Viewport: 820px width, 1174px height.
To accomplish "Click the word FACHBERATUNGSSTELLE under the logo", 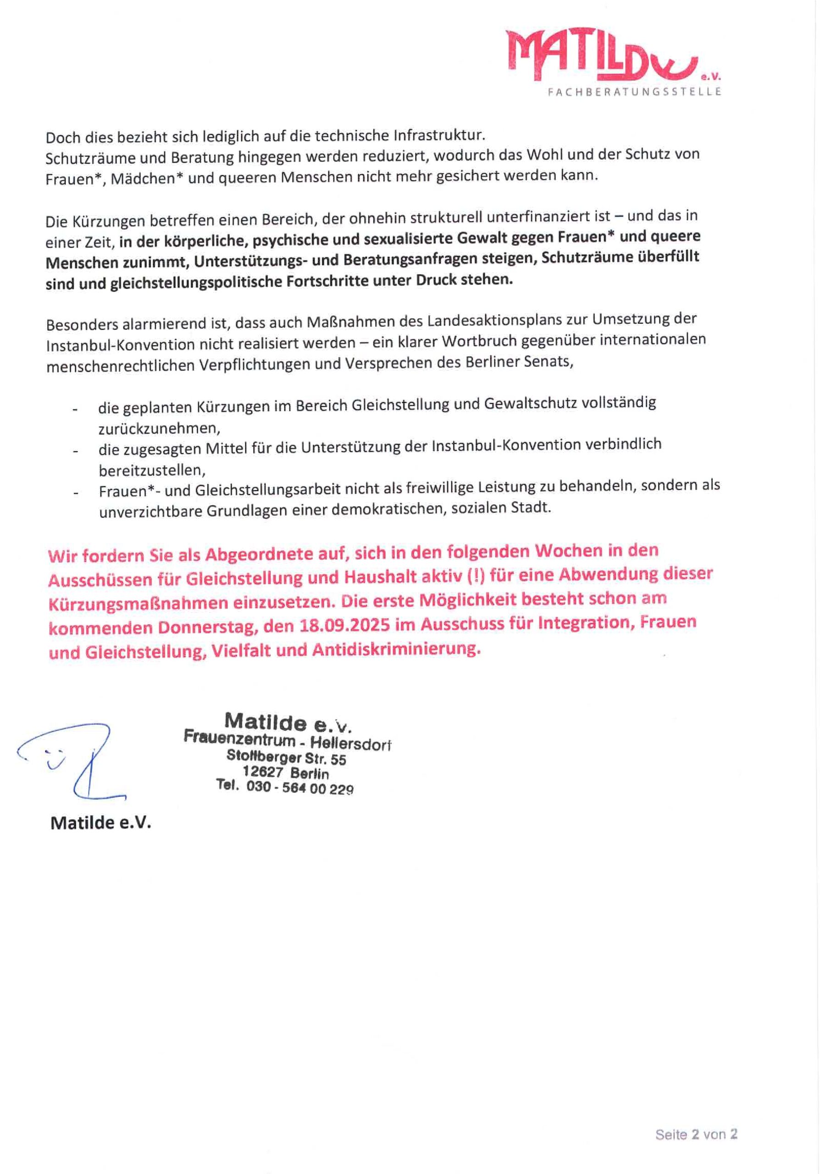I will pyautogui.click(x=634, y=92).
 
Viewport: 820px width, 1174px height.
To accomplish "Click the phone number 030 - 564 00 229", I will pyautogui.click(x=299, y=787).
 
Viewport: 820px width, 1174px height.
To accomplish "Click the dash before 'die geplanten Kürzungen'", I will pyautogui.click(x=76, y=410).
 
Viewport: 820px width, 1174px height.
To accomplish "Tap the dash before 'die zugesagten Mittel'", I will pyautogui.click(x=76, y=452).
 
